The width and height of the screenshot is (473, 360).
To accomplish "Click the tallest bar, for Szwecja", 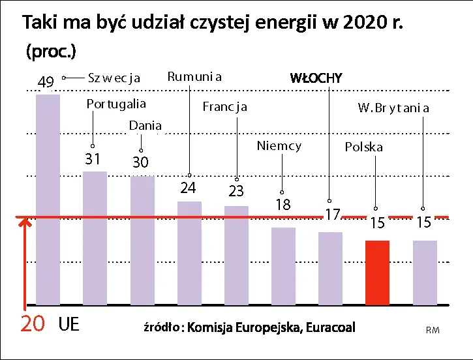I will [48, 199].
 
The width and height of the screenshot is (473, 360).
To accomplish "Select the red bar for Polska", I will [377, 272].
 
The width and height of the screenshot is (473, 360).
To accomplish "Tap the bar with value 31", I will [95, 238].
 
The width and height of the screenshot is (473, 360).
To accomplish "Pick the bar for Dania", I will [142, 240].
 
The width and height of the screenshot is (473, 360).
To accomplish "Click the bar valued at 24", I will [189, 252].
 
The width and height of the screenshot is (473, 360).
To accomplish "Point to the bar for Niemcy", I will [283, 265].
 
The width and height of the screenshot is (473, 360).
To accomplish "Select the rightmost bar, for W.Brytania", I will [425, 272].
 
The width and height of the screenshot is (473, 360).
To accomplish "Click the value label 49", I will [46, 83].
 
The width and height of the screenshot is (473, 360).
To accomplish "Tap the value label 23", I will [236, 192].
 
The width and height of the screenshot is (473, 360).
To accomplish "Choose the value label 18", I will [282, 205].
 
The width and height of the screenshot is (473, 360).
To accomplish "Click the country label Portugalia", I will [116, 104].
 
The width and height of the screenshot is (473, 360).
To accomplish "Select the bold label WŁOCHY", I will [316, 78].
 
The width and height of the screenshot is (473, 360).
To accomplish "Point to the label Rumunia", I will [194, 77].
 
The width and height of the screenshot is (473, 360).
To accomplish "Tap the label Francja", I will [224, 106].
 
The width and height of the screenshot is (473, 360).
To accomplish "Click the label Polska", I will [363, 147].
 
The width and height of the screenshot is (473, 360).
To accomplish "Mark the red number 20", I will [33, 324].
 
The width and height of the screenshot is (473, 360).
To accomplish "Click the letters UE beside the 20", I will [69, 324].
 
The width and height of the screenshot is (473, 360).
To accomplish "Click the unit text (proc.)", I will [51, 52].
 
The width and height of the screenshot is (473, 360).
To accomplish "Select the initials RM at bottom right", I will [433, 331].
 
